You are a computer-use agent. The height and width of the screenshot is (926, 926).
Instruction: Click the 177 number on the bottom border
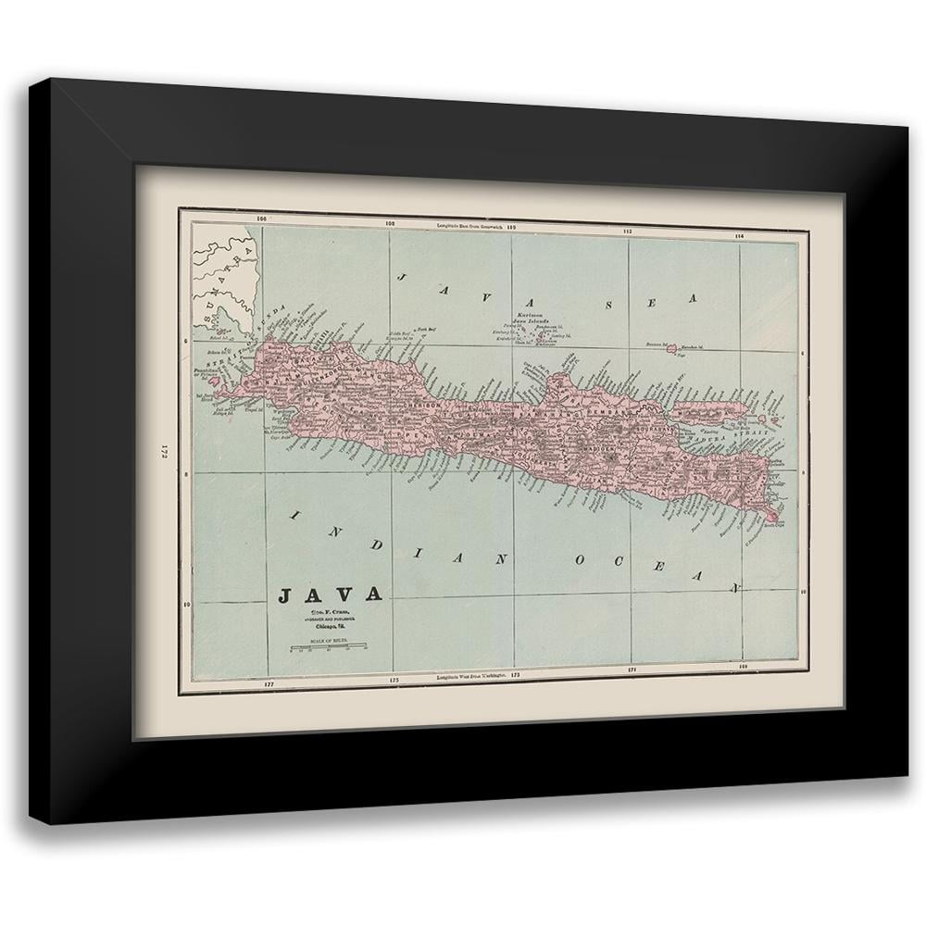(x=269, y=684)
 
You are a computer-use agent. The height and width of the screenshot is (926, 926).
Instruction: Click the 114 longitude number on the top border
(x=739, y=235)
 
